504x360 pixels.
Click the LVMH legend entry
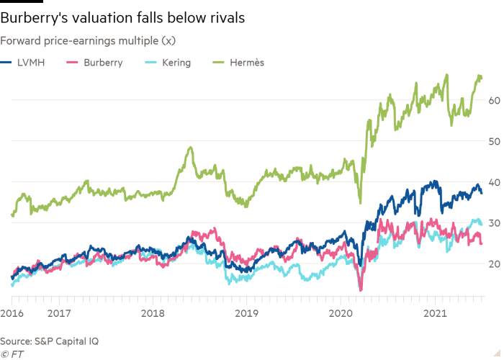coord(26,63)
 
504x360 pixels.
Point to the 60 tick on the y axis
coord(493,100)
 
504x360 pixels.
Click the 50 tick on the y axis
coord(493,141)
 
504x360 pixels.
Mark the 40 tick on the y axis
coord(493,182)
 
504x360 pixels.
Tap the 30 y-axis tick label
coord(493,223)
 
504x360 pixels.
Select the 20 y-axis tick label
coord(493,264)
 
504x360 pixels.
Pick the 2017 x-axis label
coord(59,313)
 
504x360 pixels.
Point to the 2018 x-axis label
coord(153,313)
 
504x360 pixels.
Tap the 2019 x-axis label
coord(247,313)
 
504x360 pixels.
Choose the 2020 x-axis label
coord(341,313)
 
